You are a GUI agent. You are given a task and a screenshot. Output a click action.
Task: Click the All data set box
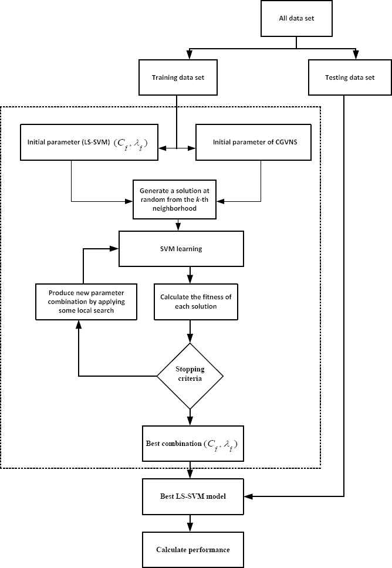[x=296, y=18]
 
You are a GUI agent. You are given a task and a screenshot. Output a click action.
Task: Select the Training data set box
[x=178, y=77]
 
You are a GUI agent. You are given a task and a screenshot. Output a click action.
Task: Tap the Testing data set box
[x=350, y=77]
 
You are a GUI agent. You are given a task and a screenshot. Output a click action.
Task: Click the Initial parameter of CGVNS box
[x=254, y=143]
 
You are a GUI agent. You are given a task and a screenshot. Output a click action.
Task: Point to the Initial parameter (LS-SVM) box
[x=89, y=143]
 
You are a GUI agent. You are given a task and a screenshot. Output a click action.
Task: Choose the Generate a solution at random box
[x=174, y=200]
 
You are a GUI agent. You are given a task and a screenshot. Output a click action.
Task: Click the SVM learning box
[x=181, y=249]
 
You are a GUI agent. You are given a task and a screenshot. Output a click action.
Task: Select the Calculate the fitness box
[x=195, y=302]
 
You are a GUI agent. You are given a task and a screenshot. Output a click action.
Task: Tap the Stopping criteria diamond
[x=190, y=376]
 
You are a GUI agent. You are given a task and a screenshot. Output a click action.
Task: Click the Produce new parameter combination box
[x=86, y=302]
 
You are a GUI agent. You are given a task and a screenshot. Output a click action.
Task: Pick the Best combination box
[x=192, y=444]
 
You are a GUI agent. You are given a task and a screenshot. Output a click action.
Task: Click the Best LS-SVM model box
[x=192, y=496]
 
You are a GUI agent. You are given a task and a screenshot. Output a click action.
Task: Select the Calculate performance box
[x=192, y=550]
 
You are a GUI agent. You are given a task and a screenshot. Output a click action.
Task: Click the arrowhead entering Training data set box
[x=189, y=55]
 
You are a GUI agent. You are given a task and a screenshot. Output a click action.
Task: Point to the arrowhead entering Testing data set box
[x=356, y=55]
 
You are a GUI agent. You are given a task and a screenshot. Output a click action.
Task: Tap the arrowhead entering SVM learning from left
[x=114, y=249]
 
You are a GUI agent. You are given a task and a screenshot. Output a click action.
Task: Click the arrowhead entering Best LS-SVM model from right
[x=248, y=496]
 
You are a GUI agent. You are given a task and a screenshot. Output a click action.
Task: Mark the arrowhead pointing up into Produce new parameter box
[x=79, y=324]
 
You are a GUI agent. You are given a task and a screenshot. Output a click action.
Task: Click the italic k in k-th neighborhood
[x=198, y=200]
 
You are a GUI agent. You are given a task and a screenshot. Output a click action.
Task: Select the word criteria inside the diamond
[x=190, y=378]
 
